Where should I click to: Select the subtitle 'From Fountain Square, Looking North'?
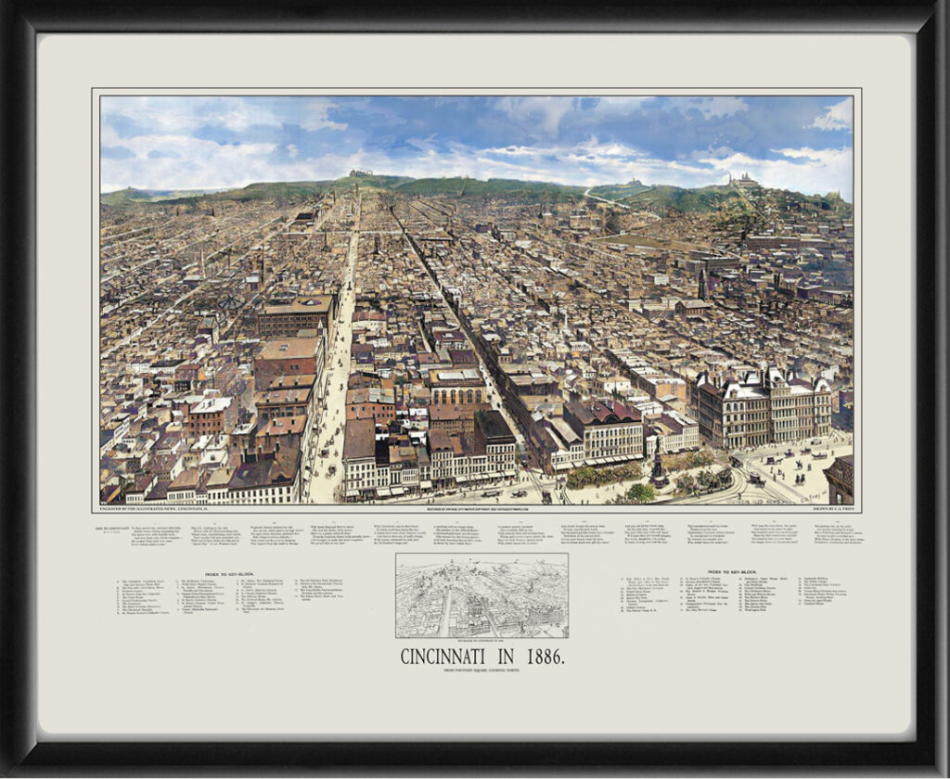(481, 673)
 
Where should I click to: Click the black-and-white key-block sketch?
(481, 595)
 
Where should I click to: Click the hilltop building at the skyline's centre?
(361, 172)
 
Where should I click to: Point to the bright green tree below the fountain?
(639, 492)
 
